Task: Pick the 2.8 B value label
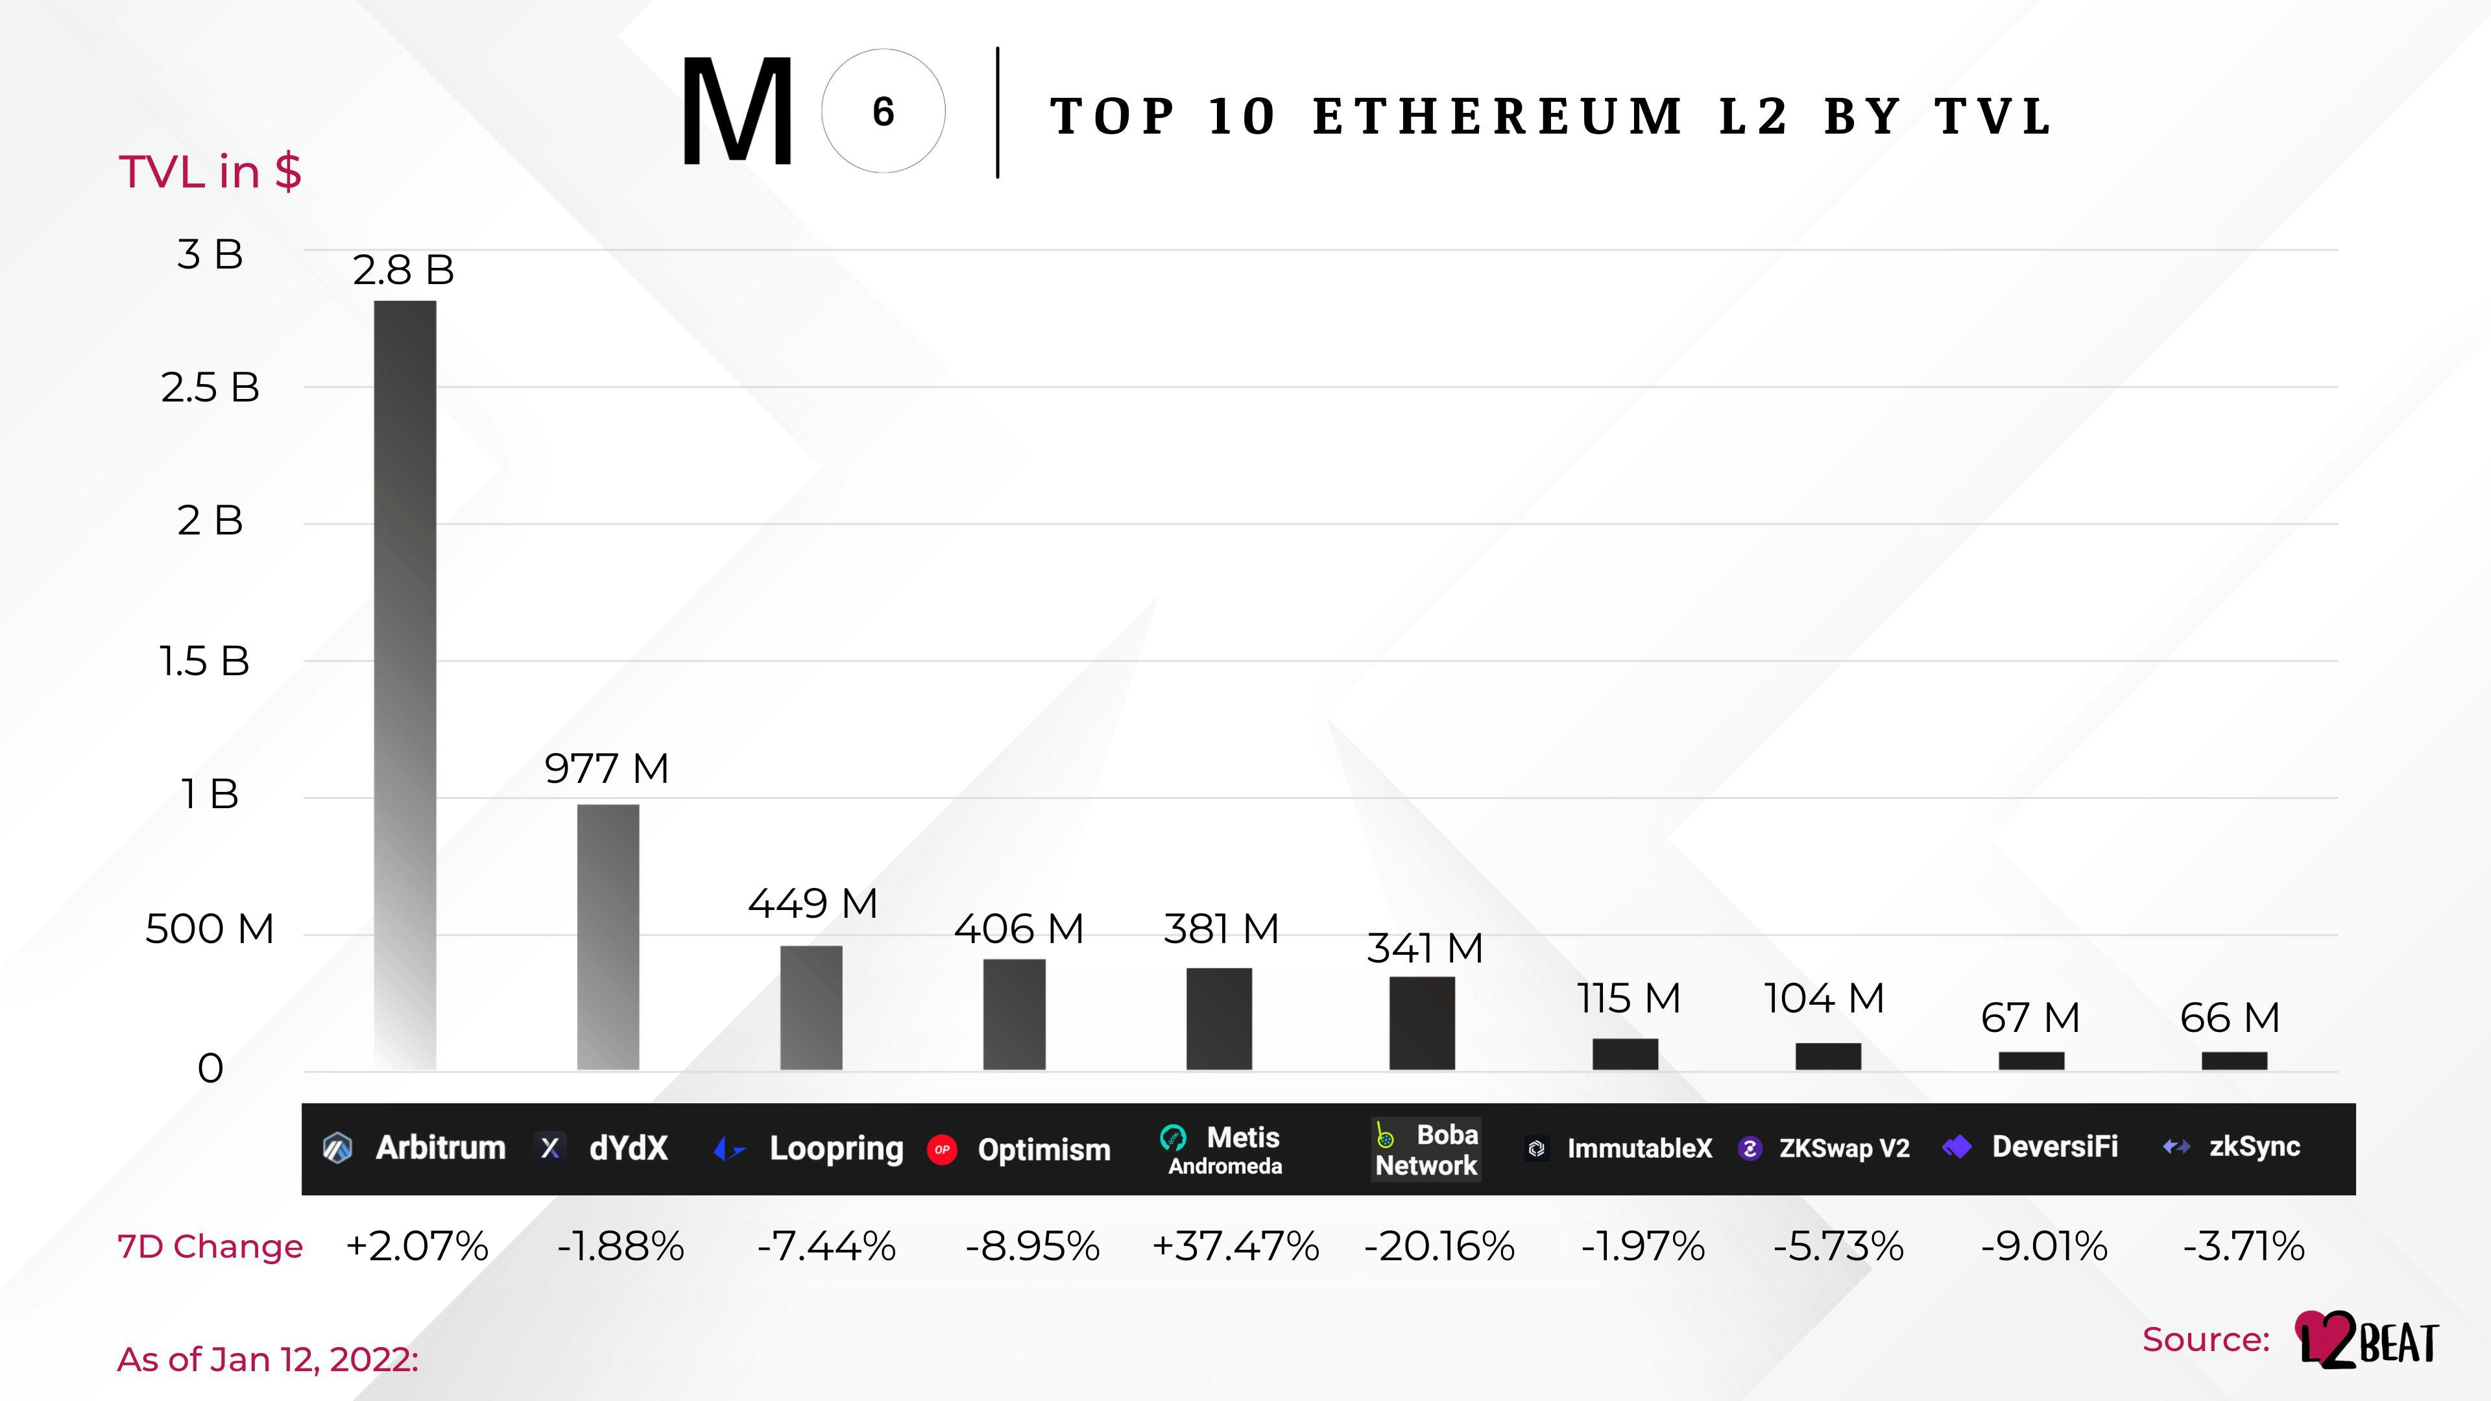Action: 403,270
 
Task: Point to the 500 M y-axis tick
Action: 209,929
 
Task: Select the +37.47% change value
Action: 1235,1245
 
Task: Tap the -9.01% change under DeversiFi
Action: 2043,1245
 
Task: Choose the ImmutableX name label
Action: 1639,1149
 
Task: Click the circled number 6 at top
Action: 883,111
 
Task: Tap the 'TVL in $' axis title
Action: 210,172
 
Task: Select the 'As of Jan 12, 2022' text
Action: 268,1359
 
